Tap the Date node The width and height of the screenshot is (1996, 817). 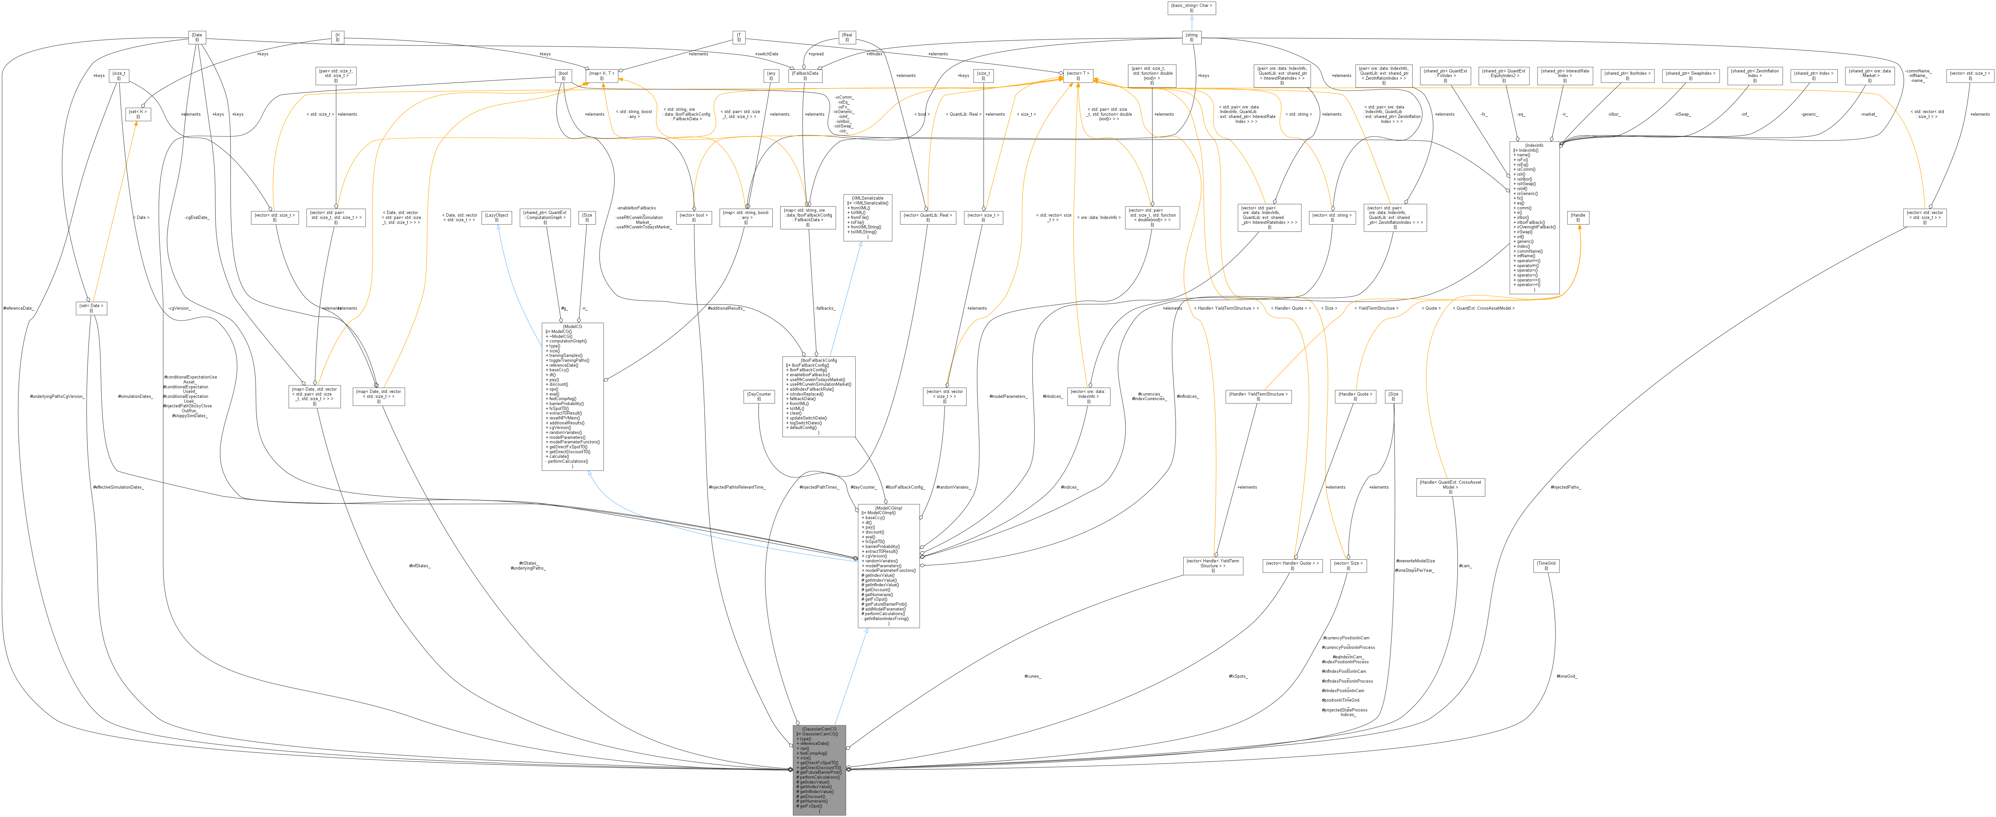coord(197,37)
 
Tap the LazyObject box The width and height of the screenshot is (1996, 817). coord(497,217)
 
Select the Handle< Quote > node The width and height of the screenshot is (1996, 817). coord(1354,396)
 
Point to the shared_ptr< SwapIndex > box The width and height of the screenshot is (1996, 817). coord(1691,76)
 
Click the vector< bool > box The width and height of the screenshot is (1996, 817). coord(694,217)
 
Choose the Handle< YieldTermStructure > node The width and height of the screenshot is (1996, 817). coord(1258,396)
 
